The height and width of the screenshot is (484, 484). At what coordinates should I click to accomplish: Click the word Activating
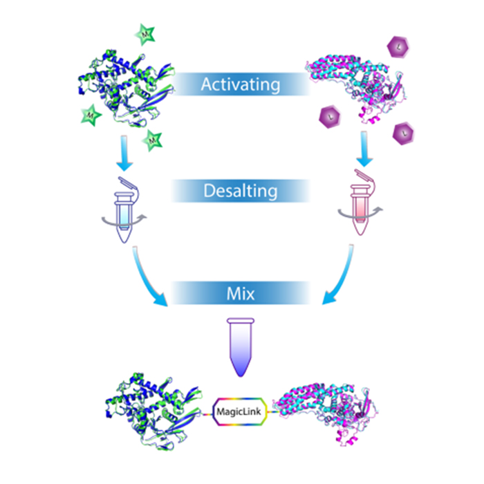click(241, 85)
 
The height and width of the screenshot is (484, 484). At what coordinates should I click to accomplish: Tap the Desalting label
click(240, 191)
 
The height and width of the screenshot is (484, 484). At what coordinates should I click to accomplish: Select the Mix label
click(241, 293)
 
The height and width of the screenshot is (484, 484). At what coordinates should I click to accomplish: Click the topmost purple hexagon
click(400, 48)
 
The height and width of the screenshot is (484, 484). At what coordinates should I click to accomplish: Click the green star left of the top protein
click(91, 113)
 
